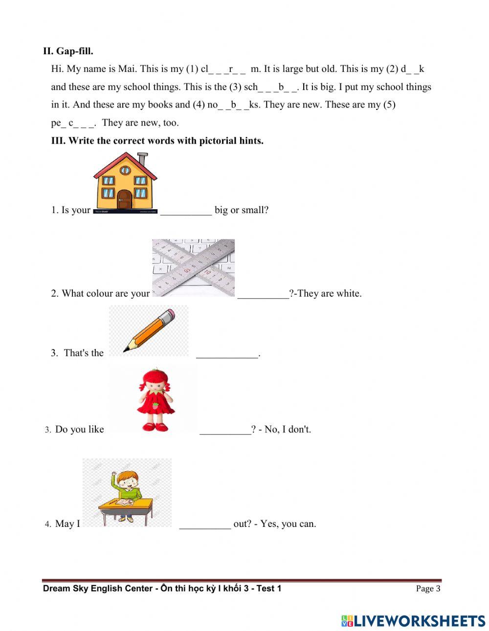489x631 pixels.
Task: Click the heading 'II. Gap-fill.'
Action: (68, 51)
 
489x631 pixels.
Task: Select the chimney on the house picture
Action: (142, 159)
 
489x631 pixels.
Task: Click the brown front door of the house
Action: (124, 199)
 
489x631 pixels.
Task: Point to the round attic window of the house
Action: (125, 170)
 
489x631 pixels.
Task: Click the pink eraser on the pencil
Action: (169, 314)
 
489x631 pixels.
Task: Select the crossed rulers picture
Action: (194, 268)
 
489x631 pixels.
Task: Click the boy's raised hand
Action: (114, 474)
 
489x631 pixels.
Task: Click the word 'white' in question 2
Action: (348, 293)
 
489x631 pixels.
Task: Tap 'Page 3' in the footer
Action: (428, 588)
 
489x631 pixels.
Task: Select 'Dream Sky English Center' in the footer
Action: (98, 588)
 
